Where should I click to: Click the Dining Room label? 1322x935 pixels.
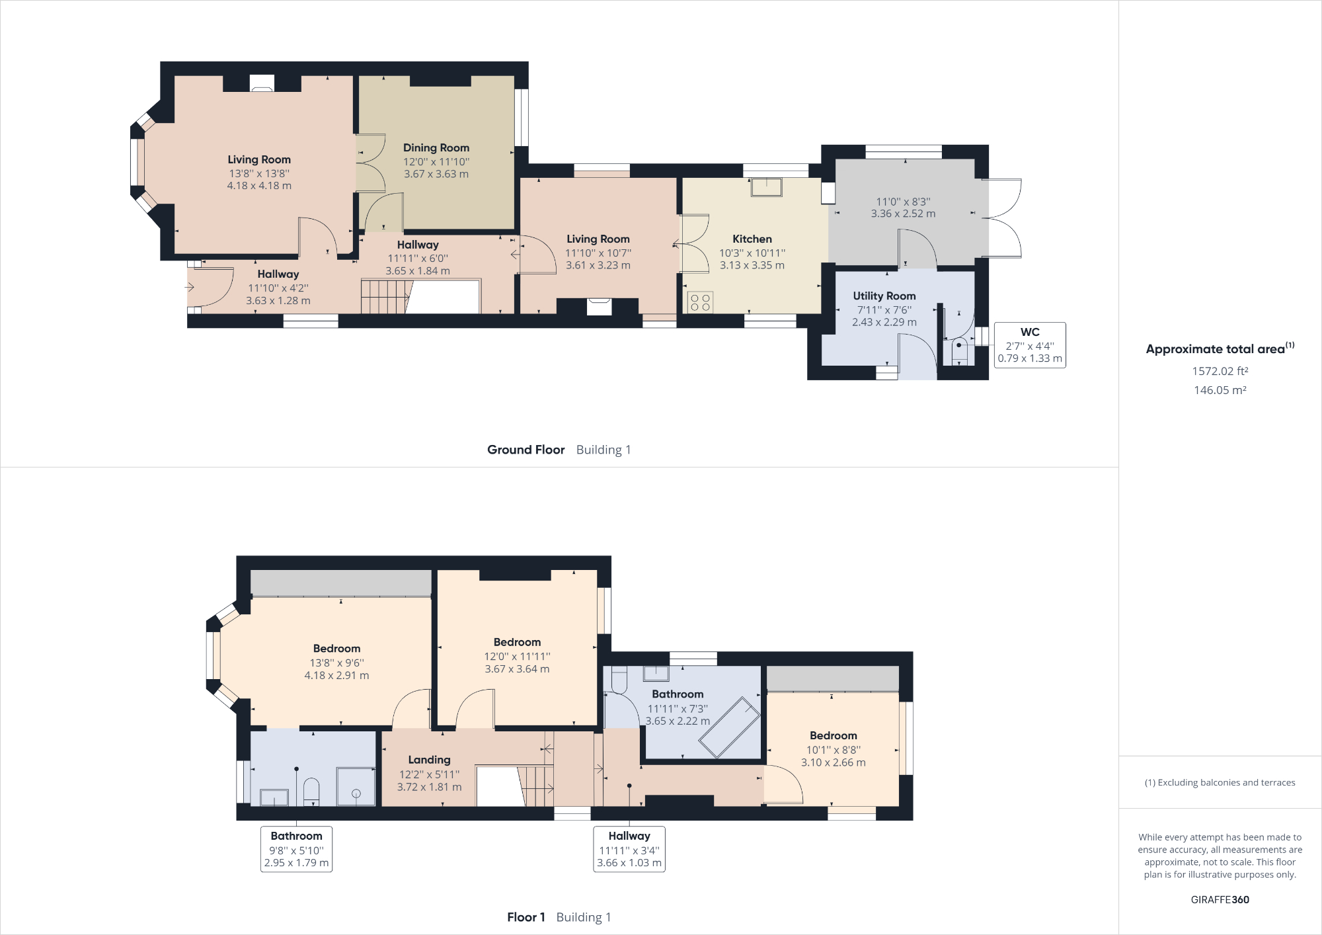coord(436,147)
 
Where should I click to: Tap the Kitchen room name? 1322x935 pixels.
coord(752,239)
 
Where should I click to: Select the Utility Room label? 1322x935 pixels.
coord(884,296)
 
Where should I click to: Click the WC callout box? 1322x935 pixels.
coord(1029,345)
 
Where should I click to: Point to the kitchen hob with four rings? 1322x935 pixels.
coord(700,302)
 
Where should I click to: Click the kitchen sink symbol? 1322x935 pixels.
coord(766,187)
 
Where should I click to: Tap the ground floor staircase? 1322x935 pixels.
coord(385,297)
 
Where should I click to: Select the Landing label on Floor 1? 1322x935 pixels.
coord(429,760)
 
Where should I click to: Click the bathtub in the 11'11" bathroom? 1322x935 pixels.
coord(730,727)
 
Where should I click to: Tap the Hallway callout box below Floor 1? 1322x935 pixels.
coord(629,849)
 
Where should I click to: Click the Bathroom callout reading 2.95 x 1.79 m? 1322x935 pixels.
coord(296,849)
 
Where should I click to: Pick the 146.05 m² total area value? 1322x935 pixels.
coord(1220,390)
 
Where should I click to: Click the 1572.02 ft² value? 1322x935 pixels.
coord(1220,371)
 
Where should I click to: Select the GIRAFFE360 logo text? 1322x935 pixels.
coord(1220,899)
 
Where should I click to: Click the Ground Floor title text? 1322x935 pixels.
coord(525,450)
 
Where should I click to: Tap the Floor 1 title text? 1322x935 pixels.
coord(525,917)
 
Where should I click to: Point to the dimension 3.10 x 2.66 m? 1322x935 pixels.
coord(833,762)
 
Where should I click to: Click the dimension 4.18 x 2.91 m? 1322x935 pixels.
coord(336,675)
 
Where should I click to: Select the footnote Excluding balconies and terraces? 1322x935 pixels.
coord(1220,782)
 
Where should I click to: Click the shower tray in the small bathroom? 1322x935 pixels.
coord(356,786)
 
